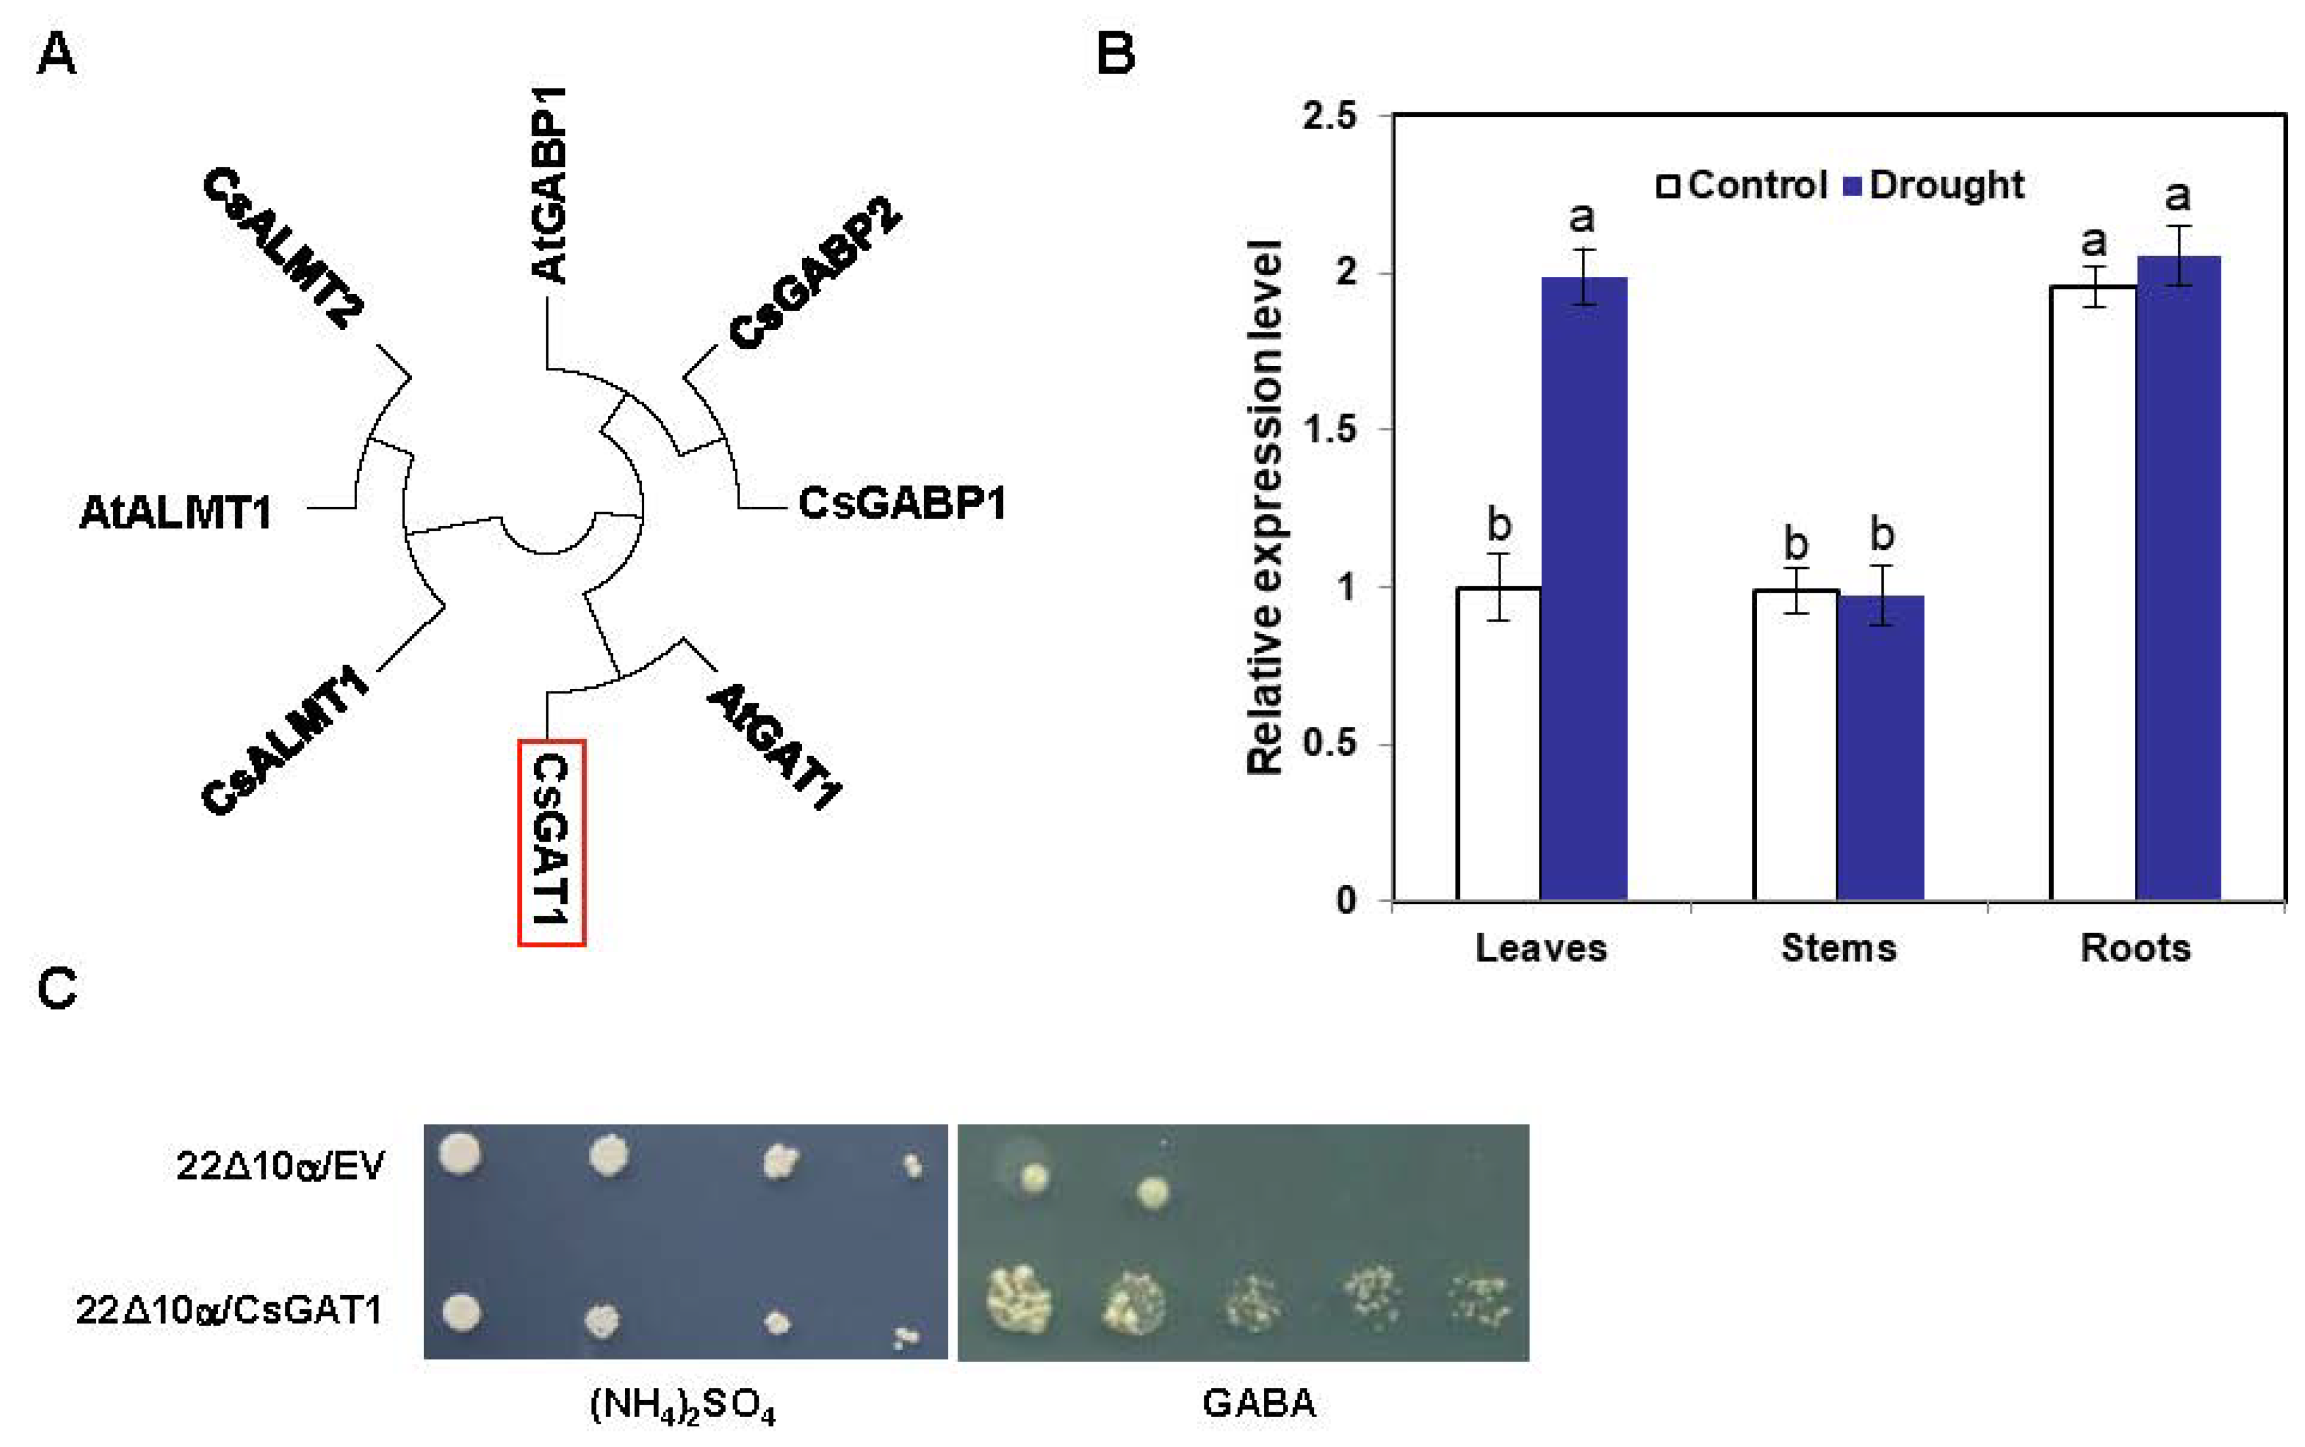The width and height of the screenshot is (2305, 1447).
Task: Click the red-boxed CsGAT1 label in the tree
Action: point(551,842)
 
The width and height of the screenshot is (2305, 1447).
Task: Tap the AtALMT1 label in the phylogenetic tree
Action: point(175,512)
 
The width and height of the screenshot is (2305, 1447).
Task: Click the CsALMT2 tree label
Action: point(283,248)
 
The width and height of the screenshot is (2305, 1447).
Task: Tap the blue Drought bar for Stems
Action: point(1880,747)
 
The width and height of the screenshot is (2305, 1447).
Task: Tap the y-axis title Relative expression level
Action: point(1265,507)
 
